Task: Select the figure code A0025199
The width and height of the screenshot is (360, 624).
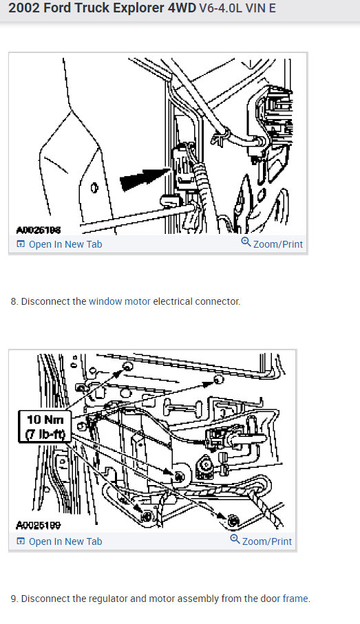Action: point(38,526)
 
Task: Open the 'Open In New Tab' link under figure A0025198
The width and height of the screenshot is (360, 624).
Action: point(65,244)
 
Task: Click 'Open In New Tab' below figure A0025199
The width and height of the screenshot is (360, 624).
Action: point(65,541)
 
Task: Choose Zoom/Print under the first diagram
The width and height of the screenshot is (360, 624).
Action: point(277,244)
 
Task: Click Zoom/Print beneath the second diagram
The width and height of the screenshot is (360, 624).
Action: point(266,541)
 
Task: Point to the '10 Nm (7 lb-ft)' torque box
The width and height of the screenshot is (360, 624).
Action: point(44,426)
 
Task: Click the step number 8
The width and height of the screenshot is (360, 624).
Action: point(14,301)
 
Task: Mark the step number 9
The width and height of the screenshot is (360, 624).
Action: point(14,599)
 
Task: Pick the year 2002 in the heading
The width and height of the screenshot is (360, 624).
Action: point(23,10)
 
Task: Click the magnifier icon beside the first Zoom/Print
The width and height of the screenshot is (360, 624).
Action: point(246,243)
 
